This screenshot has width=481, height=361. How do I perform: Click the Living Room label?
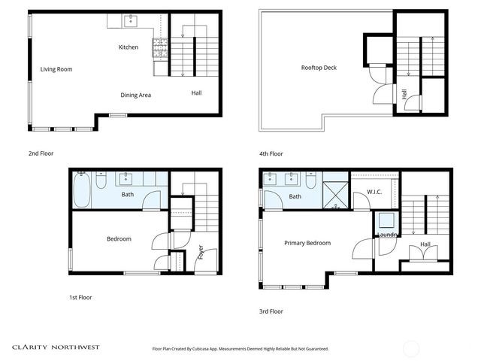click(56, 69)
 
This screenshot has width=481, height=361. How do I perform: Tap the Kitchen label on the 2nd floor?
click(129, 47)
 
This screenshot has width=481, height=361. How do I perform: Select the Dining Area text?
click(136, 95)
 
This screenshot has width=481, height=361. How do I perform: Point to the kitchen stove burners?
click(161, 49)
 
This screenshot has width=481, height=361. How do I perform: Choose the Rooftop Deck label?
click(319, 68)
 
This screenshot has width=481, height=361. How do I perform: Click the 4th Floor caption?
click(271, 153)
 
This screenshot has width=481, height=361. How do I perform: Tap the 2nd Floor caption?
click(40, 153)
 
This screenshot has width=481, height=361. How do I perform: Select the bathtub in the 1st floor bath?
click(81, 190)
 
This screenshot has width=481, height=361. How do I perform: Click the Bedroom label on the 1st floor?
click(119, 239)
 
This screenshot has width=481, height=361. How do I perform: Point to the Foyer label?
click(201, 253)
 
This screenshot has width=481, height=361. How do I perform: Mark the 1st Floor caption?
click(80, 297)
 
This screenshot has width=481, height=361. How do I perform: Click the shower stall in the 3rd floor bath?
click(335, 193)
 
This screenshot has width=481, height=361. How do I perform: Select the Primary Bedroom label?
click(307, 243)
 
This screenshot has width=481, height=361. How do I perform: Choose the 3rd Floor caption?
click(271, 311)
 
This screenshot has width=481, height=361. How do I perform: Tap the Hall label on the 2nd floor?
click(196, 93)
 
